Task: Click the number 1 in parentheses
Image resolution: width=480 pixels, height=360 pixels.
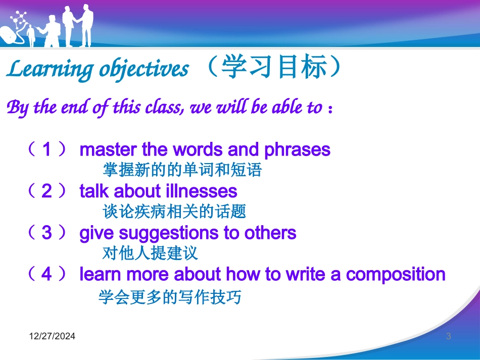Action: coord(46,149)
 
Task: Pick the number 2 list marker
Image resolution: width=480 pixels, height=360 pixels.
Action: coord(46,191)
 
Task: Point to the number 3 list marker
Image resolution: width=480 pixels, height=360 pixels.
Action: coord(46,232)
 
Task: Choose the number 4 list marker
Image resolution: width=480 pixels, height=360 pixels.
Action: coord(46,274)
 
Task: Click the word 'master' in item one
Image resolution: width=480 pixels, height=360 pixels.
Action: coord(108,150)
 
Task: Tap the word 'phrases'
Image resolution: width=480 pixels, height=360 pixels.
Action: coord(297,150)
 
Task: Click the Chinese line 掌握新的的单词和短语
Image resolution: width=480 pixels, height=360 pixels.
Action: coord(182,170)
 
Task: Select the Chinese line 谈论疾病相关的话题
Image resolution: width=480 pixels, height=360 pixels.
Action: coord(174,212)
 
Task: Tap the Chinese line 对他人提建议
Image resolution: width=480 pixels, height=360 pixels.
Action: coord(150,253)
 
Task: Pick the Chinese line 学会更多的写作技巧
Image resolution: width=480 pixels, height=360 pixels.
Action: coord(170,297)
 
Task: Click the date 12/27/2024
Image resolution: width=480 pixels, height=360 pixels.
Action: coord(52,336)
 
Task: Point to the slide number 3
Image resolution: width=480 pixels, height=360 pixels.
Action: coord(449,336)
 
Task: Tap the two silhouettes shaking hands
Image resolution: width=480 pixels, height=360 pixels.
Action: coord(78,26)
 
